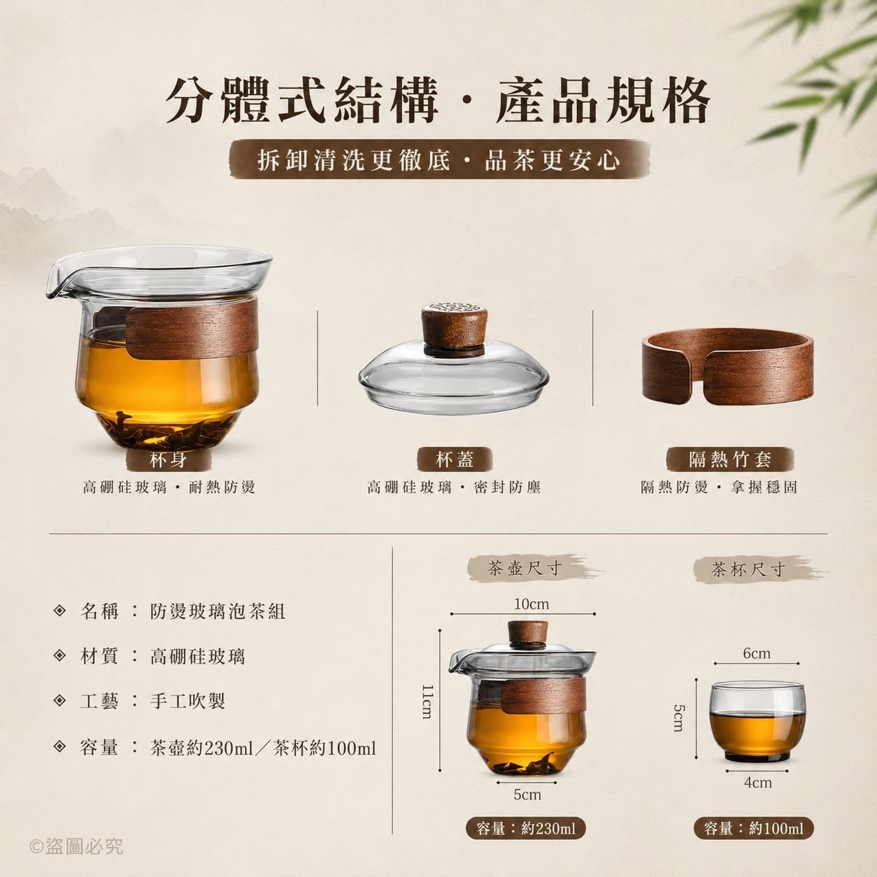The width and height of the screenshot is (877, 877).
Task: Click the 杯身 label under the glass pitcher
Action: [x=169, y=460]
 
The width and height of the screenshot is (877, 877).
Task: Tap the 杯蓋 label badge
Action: [x=455, y=459]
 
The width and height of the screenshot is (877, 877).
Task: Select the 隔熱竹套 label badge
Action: [x=729, y=459]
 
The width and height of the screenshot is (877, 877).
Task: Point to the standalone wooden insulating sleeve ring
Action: [x=728, y=366]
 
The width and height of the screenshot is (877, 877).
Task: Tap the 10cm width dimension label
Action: [x=531, y=604]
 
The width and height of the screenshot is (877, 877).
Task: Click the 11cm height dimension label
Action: [x=427, y=701]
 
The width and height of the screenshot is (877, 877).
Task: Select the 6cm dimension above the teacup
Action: [x=757, y=653]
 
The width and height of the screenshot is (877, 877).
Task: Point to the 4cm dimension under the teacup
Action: [x=758, y=783]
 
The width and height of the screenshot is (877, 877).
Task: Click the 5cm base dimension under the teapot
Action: [x=527, y=794]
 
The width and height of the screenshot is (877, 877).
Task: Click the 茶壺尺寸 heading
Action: [x=525, y=568]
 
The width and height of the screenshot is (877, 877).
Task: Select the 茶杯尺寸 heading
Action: [x=749, y=569]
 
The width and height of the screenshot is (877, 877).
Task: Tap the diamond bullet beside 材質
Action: [x=59, y=655]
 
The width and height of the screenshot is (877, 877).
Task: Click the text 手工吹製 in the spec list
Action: [x=187, y=701]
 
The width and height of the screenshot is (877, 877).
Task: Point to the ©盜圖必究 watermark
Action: [x=76, y=846]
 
